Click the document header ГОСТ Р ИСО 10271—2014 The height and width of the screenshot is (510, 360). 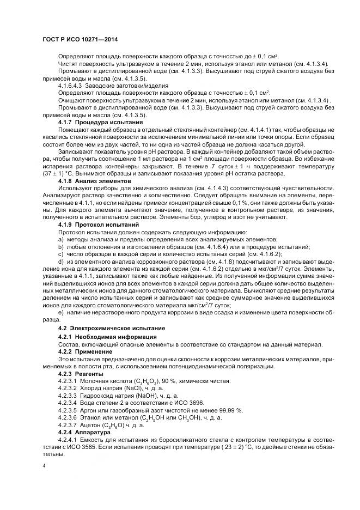coord(80,41)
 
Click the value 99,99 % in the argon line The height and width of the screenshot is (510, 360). coord(230,409)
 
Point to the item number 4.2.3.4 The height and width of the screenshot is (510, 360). coord(68,402)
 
